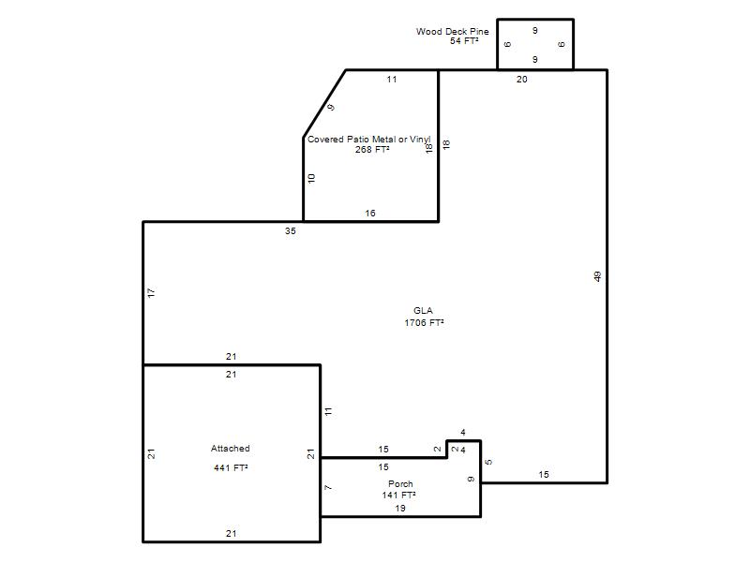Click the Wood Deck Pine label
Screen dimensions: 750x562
452,32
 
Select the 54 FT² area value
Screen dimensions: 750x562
464,41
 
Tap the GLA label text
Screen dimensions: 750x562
423,311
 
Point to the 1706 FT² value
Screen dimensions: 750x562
424,322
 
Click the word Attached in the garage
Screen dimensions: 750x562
230,449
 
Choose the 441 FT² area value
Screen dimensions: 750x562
231,467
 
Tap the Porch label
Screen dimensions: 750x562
400,483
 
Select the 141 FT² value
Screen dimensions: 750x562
398,495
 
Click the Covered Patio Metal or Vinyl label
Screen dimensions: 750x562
368,139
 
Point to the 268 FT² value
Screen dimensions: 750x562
371,150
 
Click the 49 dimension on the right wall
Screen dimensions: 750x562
597,276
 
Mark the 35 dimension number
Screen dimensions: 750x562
291,230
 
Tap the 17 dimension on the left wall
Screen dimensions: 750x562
151,293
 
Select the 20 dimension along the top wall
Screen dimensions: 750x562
522,80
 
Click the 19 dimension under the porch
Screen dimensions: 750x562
400,509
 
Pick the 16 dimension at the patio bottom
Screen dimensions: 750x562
370,214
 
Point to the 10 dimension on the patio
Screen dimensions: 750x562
311,179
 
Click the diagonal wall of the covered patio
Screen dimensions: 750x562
324,104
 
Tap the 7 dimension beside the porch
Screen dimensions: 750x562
327,487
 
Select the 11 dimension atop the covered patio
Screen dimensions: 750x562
392,80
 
